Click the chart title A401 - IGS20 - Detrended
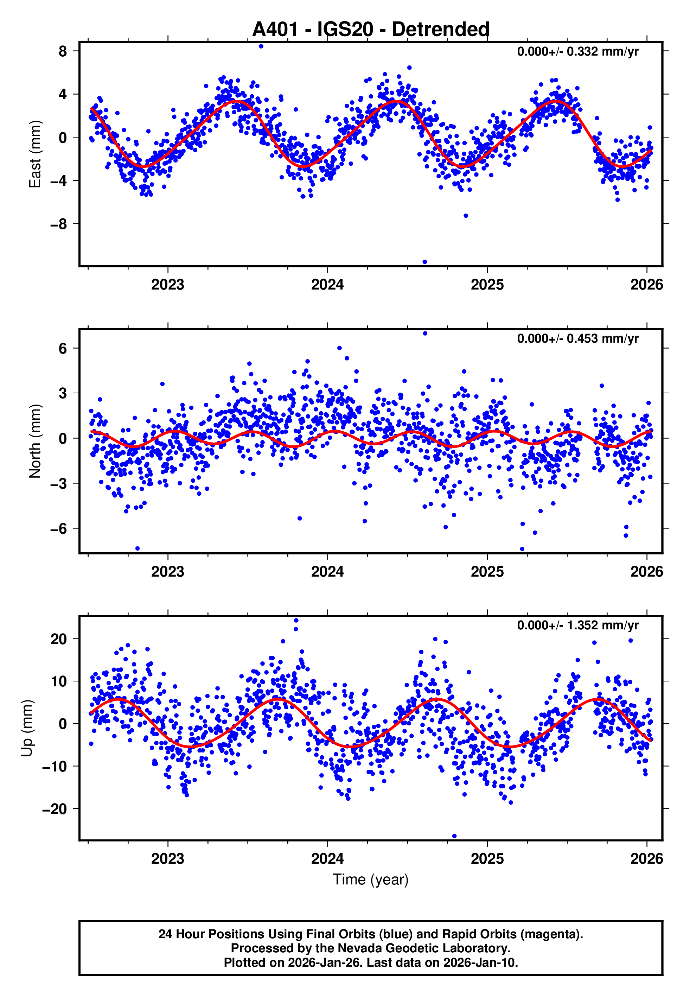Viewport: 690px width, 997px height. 371,30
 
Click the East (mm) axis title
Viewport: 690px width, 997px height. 34,154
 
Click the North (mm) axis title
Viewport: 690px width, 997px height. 34,441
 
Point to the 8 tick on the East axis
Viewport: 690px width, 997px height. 63,51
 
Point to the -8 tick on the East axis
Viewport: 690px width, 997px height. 59,224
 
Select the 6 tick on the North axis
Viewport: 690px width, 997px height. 63,349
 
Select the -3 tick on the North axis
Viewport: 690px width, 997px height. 59,483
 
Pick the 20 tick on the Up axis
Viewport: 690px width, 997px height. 59,639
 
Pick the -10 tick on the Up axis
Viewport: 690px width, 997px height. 55,766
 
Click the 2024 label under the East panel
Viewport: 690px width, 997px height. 327,285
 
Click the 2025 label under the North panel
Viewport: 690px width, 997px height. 487,572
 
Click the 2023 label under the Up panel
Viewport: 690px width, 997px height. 167,859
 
